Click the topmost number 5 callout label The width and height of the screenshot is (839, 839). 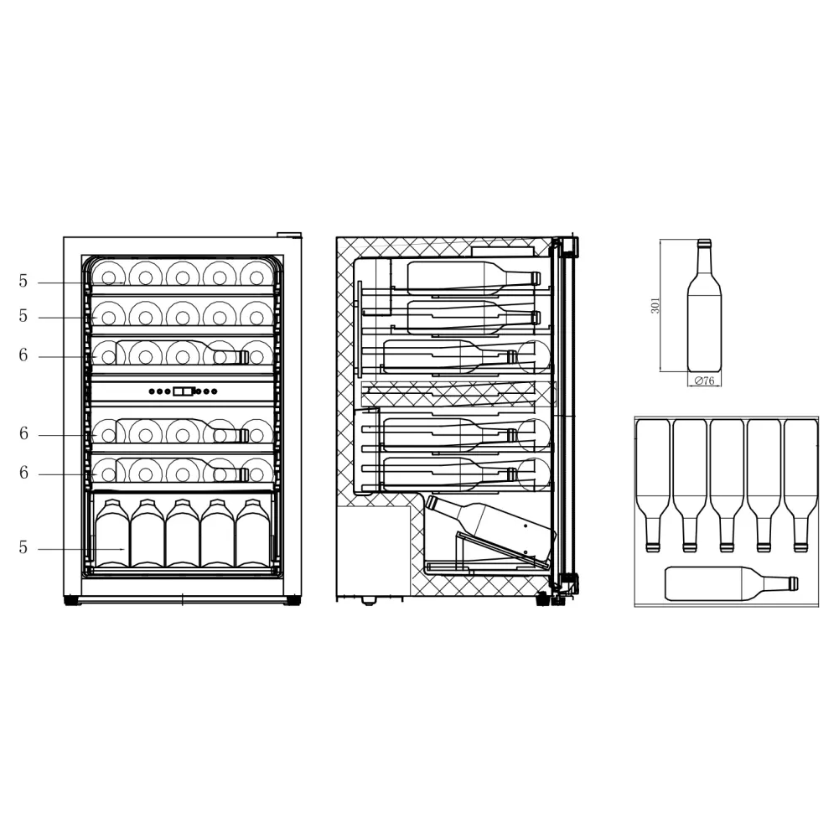pos(23,282)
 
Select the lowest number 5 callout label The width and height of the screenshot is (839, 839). pos(23,548)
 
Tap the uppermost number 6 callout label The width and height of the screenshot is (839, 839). pos(23,355)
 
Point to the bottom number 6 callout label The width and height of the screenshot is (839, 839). pos(23,474)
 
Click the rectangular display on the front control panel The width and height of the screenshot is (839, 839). pos(184,391)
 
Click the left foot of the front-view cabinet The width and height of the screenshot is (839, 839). pos(72,600)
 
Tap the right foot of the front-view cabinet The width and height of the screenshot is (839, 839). pos(293,600)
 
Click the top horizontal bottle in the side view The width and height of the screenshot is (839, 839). pos(469,276)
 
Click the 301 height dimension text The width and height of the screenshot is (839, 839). pos(656,305)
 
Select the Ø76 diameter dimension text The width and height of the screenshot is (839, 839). pos(703,381)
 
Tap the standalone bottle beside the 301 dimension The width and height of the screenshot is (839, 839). pos(704,314)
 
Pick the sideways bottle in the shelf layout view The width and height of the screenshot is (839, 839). pos(729,583)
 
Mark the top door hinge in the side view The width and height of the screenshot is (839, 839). pos(569,246)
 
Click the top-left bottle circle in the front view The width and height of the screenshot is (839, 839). pos(108,274)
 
